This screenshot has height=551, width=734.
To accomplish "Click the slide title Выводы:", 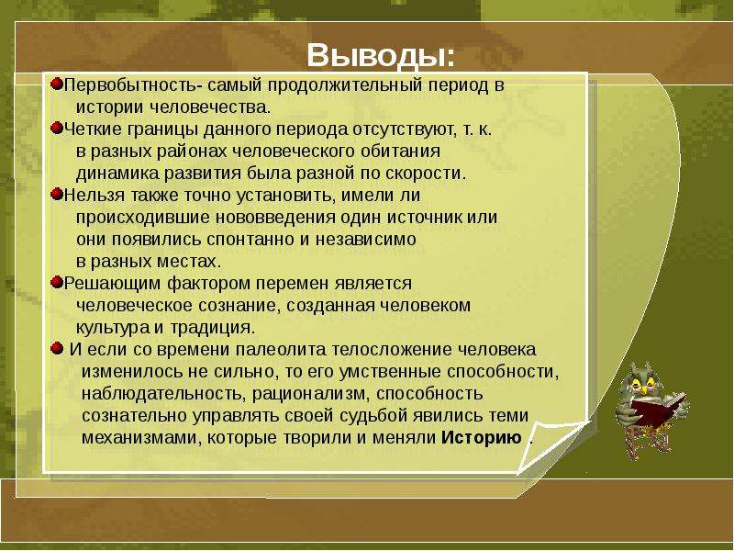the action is (x=381, y=56).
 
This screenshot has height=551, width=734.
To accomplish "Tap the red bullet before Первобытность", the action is (x=57, y=84).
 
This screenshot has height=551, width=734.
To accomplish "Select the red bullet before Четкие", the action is (x=57, y=128).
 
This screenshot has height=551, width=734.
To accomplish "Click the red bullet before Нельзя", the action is (x=57, y=194).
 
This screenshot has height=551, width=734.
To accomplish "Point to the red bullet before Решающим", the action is (x=57, y=282).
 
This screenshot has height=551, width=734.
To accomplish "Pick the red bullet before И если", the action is (x=57, y=348).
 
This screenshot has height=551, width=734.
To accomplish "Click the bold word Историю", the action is (x=482, y=438).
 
